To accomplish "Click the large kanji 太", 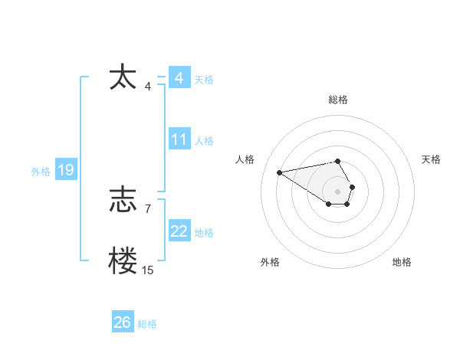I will pyautogui.click(x=123, y=77).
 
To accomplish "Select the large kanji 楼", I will pyautogui.click(x=123, y=260).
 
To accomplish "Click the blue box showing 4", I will pyautogui.click(x=179, y=78).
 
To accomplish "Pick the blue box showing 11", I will pyautogui.click(x=179, y=139).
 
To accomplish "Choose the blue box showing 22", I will pyautogui.click(x=179, y=231).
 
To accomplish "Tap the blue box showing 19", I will pyautogui.click(x=65, y=170).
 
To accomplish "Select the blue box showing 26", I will pyautogui.click(x=122, y=322).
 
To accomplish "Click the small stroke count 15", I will pyautogui.click(x=147, y=270).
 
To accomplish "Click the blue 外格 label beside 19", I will pyautogui.click(x=41, y=172).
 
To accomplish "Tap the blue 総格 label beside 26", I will pyautogui.click(x=147, y=324).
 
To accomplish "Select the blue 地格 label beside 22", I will pyautogui.click(x=204, y=233).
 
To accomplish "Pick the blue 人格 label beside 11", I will pyautogui.click(x=204, y=141).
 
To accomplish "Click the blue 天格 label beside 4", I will pyautogui.click(x=204, y=80).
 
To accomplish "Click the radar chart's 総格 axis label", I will pyautogui.click(x=338, y=100).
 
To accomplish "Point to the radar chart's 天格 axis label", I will pyautogui.click(x=431, y=159).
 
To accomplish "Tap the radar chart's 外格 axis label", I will pyautogui.click(x=270, y=262).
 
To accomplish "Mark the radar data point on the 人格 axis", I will pyautogui.click(x=280, y=172).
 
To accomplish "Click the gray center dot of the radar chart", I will pyautogui.click(x=338, y=191).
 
